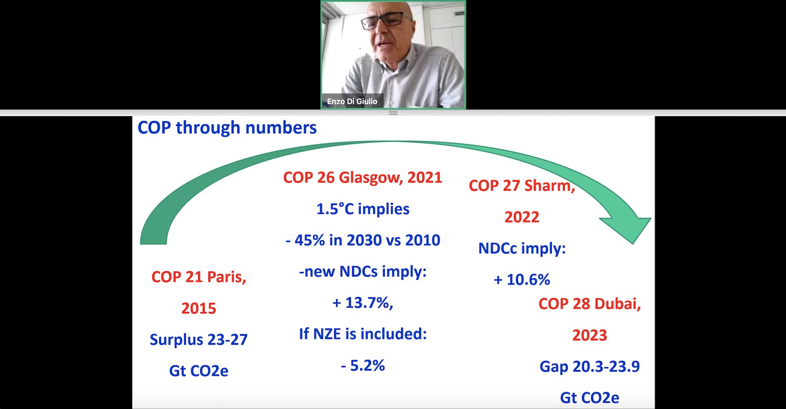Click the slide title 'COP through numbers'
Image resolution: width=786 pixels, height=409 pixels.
227,128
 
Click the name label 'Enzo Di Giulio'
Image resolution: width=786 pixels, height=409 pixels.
352,101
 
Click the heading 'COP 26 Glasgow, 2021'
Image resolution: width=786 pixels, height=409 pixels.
363,178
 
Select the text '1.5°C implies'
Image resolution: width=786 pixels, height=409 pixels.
363,209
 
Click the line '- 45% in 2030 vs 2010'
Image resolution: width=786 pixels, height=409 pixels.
363,240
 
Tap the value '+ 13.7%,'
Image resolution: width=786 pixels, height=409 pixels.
363,303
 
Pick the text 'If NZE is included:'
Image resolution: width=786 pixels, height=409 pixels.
363,334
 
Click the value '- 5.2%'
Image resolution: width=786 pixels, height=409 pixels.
363,365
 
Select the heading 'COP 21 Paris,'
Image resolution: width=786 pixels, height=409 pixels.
199,277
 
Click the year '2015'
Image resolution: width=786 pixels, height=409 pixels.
199,308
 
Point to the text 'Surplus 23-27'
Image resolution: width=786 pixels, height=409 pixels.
199,339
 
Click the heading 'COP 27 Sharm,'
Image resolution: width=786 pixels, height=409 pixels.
522,186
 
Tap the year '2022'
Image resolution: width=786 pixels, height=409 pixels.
522,217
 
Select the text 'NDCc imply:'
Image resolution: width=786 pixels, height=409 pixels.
522,248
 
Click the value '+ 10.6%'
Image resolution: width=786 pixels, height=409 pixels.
522,280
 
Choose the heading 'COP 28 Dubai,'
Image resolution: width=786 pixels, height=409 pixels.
589,304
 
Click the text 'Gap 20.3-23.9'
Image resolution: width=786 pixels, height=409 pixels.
589,366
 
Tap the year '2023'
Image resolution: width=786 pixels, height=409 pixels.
589,335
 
